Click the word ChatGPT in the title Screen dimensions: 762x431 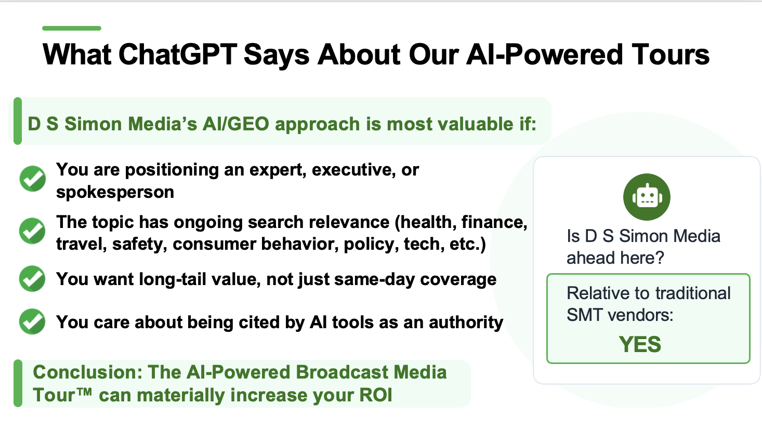(177, 55)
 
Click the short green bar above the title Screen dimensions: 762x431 (72, 28)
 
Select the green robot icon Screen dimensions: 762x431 (647, 197)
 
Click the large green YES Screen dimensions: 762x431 (639, 344)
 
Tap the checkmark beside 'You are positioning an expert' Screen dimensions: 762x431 (33, 179)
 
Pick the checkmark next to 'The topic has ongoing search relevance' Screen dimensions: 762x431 (32, 231)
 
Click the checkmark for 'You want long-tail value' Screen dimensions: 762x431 (32, 279)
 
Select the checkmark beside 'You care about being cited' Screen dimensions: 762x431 (32, 321)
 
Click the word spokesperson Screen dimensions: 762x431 (115, 193)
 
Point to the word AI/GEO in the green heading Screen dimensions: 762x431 (236, 124)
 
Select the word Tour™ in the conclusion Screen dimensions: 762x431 (62, 395)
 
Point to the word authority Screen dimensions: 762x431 (466, 322)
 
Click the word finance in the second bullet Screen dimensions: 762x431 (494, 223)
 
